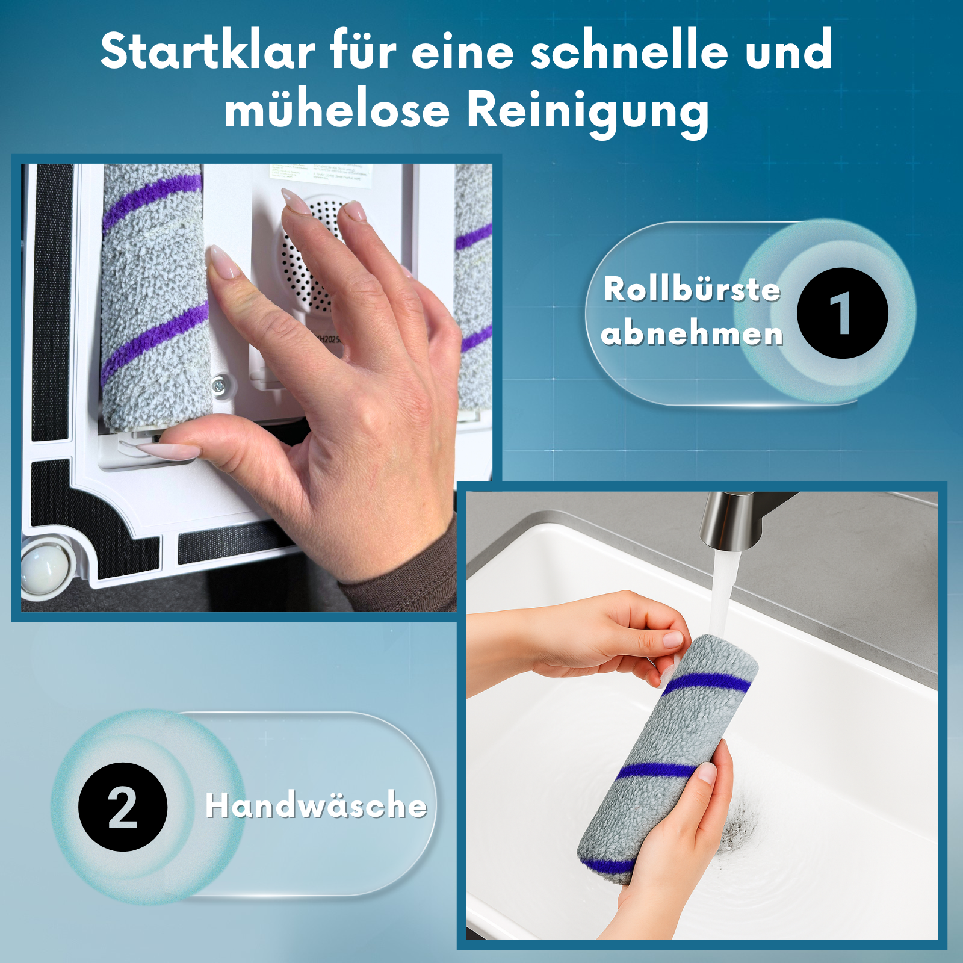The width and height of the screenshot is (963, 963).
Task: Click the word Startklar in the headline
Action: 208,51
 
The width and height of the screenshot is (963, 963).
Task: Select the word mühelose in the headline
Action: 337,111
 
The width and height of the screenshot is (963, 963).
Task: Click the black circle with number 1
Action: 842,313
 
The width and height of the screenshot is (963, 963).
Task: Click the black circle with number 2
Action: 123,807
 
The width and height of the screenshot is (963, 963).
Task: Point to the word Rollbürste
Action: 692,290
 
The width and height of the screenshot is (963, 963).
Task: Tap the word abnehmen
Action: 692,333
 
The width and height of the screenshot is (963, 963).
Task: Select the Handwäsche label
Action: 316,805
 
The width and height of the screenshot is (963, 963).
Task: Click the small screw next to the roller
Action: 219,383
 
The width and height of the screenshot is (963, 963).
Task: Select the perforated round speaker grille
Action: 310,253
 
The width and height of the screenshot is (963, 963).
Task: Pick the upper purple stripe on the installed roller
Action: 150,199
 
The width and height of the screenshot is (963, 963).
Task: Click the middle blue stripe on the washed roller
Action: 656,770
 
